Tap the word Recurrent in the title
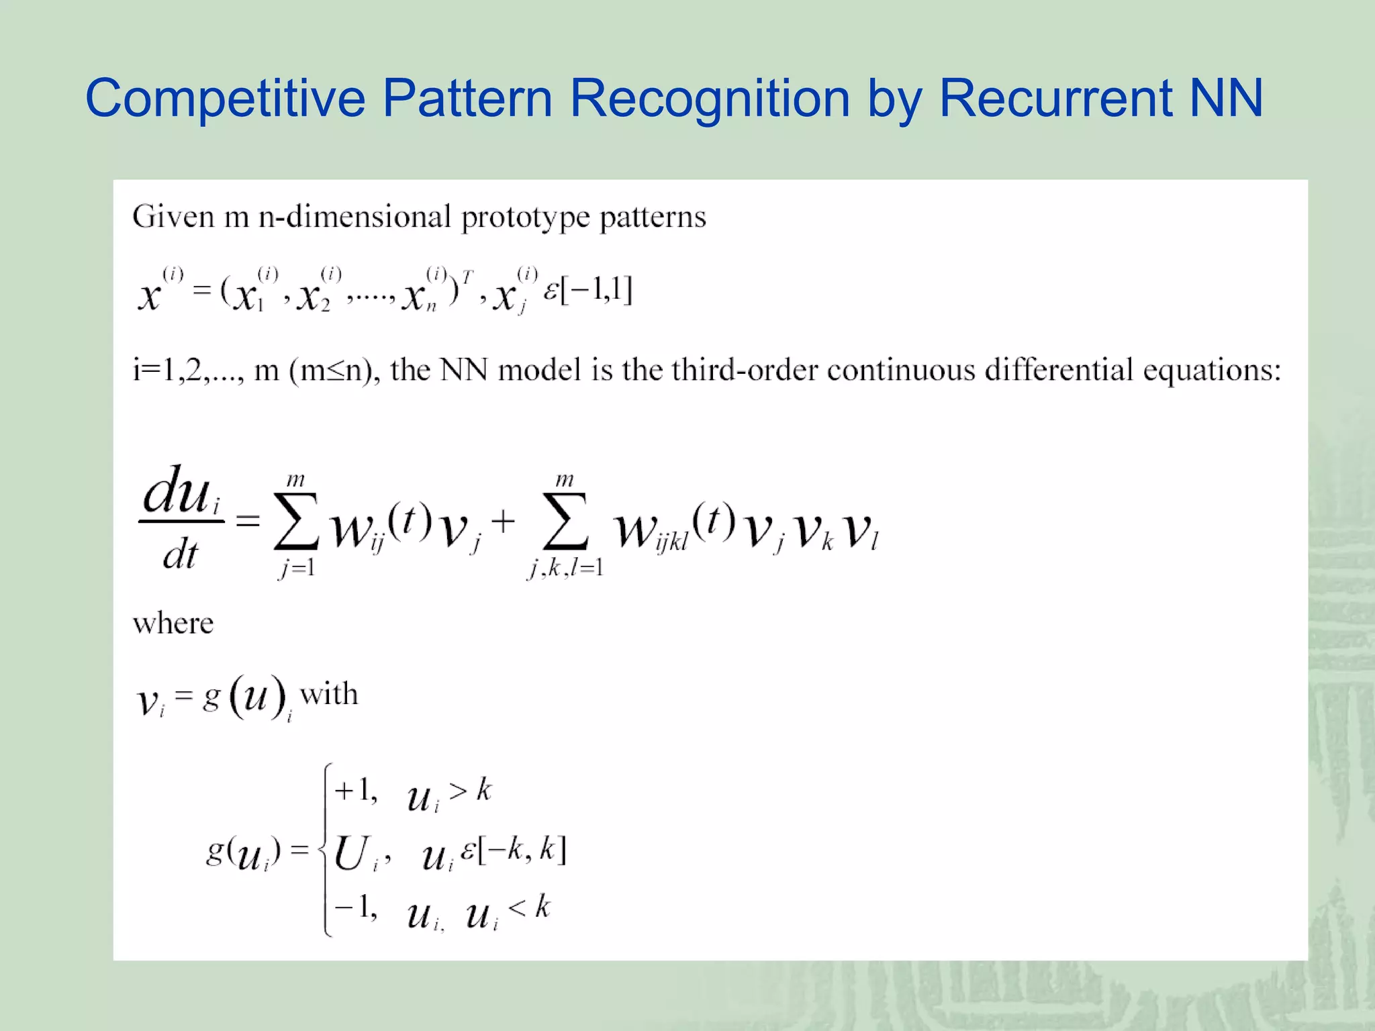[1056, 98]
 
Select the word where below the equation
[173, 624]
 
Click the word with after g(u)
[329, 694]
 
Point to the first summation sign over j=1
[296, 522]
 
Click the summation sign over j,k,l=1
[565, 522]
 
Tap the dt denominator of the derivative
[180, 555]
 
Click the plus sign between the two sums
[503, 521]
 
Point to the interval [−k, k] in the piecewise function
[522, 850]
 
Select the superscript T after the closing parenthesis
[467, 277]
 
